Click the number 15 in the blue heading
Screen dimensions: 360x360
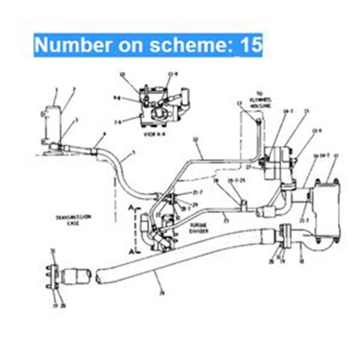[x=251, y=45]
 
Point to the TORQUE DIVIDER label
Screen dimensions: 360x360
[x=187, y=227]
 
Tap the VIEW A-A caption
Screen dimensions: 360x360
[x=155, y=135]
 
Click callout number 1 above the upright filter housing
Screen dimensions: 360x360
[x=56, y=90]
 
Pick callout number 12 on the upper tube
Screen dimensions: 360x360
[x=195, y=140]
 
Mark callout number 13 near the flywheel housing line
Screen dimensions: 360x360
[x=239, y=104]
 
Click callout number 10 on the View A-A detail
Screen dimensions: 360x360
[x=122, y=74]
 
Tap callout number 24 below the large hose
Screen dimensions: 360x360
[x=162, y=293]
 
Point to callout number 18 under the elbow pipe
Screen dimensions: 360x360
[x=301, y=262]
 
